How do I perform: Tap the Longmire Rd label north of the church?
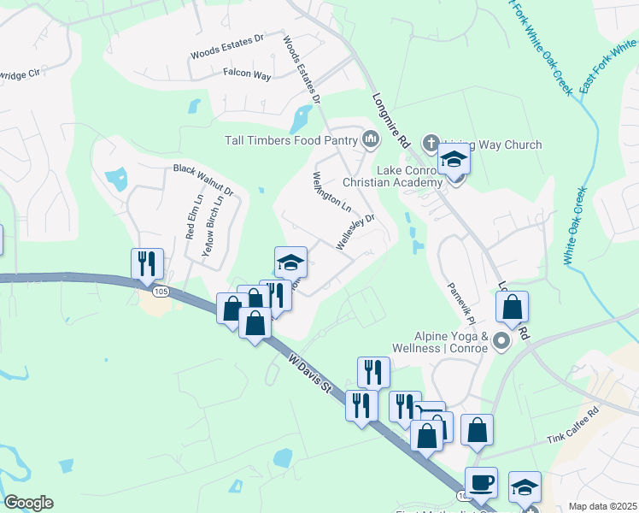pos(392,119)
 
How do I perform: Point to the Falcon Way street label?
pos(247,75)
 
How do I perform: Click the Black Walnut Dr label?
pos(203,179)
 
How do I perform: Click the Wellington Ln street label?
pos(331,192)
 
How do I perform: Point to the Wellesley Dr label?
pos(356,231)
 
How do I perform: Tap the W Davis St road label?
pos(309,376)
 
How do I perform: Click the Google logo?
pos(28,503)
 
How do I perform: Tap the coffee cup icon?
pos(481,481)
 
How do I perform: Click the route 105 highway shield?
pos(161,292)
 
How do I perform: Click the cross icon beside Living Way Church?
pos(431,143)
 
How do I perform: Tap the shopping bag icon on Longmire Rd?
pos(512,307)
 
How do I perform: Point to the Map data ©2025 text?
pos(602,506)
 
